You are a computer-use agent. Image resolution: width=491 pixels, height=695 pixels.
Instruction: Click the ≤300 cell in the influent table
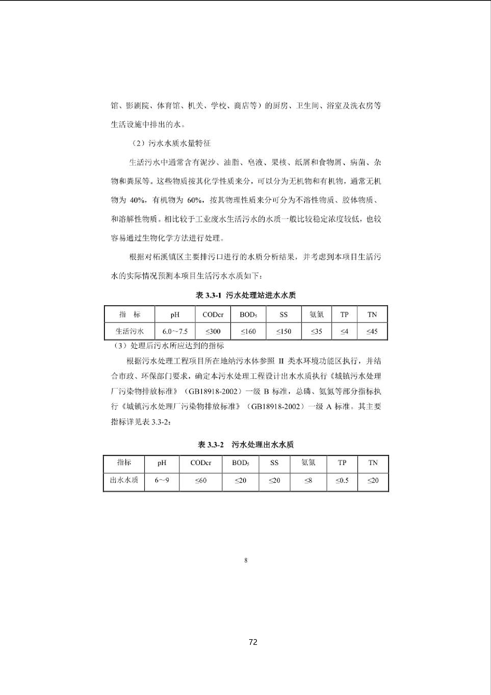click(213, 331)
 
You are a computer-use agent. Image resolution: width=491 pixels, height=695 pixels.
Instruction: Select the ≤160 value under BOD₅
click(248, 331)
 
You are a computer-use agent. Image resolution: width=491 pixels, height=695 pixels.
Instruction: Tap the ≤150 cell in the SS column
click(283, 331)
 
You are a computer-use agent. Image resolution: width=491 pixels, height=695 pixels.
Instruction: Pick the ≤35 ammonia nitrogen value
click(316, 331)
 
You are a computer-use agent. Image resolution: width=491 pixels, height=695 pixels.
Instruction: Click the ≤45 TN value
click(372, 331)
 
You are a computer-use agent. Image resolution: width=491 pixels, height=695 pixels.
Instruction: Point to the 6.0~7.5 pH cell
click(175, 331)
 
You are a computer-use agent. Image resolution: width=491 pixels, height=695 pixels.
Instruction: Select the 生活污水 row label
click(129, 331)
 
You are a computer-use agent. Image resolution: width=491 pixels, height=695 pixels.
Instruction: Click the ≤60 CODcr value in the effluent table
click(201, 480)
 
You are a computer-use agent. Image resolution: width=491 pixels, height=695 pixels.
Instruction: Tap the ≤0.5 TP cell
click(342, 480)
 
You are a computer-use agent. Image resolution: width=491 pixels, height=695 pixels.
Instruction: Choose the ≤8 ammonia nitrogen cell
click(308, 480)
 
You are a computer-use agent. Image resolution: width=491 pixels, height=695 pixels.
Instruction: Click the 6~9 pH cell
click(162, 480)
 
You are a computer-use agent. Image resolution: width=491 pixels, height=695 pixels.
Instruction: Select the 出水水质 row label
click(124, 480)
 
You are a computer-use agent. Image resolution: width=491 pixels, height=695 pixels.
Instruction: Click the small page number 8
click(246, 560)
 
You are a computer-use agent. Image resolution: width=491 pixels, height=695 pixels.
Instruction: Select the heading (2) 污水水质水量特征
click(171, 143)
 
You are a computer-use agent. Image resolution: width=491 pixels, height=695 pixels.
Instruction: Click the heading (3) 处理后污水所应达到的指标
click(168, 346)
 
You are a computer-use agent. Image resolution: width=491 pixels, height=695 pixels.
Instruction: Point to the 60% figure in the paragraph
click(194, 200)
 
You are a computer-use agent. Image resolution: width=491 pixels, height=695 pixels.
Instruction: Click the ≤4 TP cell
click(344, 331)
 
